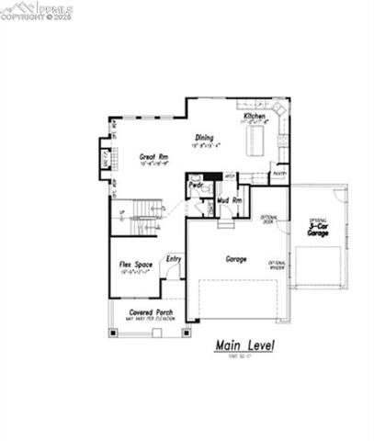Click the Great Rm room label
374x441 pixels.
coord(154,157)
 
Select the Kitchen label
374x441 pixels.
coord(255,117)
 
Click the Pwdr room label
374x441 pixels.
coord(196,184)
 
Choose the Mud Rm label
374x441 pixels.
coord(230,199)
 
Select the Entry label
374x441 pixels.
coord(174,259)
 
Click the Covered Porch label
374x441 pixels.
coord(148,312)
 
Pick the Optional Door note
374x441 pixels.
coord(268,220)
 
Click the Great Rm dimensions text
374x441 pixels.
coord(154,164)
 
